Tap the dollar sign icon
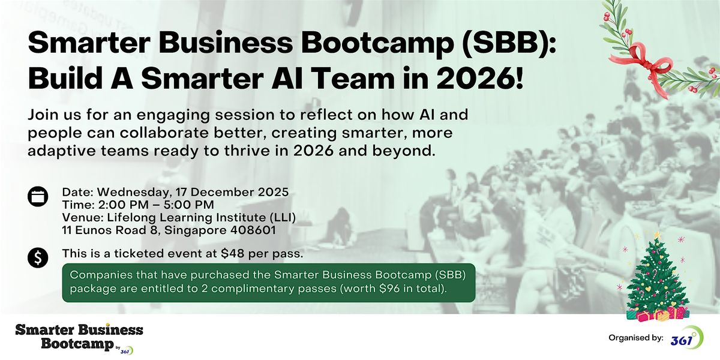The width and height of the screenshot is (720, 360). (37, 259)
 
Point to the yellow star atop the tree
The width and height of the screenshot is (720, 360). (657, 235)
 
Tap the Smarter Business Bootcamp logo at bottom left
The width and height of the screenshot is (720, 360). (79, 338)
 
